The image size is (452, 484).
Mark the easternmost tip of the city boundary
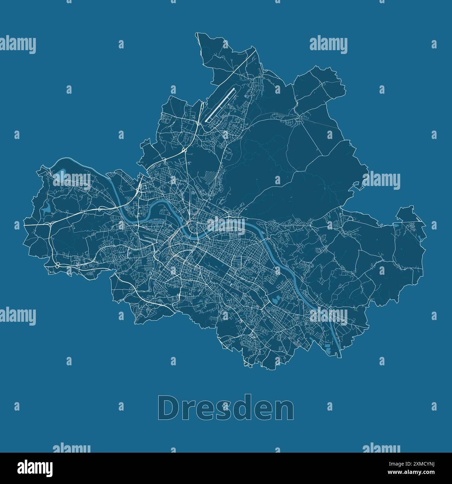[x=426, y=223]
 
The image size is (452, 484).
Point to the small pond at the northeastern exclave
[x=419, y=237]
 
